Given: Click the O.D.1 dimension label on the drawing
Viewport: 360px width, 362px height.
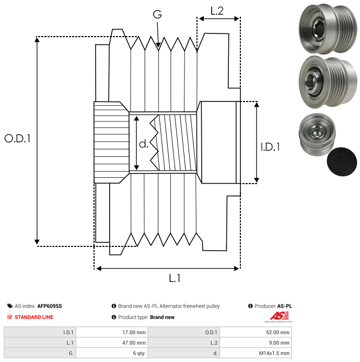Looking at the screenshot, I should pyautogui.click(x=18, y=139).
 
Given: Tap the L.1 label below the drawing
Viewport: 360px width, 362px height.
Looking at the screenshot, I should pyautogui.click(x=175, y=279).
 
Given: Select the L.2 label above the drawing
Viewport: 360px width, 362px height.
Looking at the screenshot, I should pyautogui.click(x=217, y=10).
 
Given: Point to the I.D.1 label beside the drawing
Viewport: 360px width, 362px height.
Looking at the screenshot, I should pyautogui.click(x=270, y=148).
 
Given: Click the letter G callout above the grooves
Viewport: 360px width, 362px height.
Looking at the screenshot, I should pyautogui.click(x=157, y=15).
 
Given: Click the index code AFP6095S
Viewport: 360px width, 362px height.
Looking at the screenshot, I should pyautogui.click(x=53, y=306).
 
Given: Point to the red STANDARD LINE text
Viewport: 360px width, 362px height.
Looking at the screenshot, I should pyautogui.click(x=34, y=317).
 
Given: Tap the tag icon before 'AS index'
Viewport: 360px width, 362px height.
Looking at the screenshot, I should pyautogui.click(x=9, y=306).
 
